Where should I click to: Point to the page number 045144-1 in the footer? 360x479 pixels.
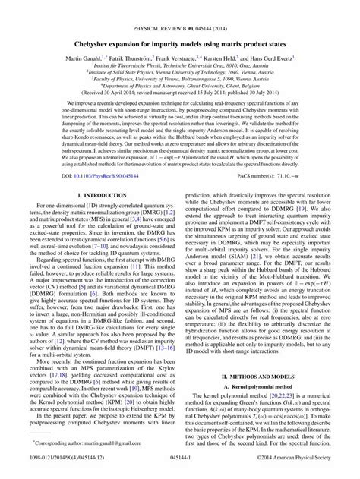179,470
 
